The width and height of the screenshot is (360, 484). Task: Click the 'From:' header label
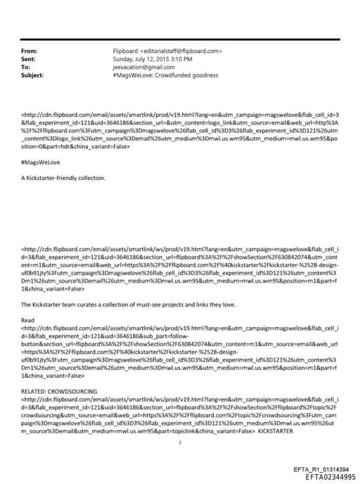pos(29,51)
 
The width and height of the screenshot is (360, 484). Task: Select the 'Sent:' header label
pos(29,59)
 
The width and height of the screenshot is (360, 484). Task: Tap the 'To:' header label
pos(26,67)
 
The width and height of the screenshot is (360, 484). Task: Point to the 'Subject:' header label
pos(32,75)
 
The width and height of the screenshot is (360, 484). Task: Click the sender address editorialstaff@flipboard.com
pos(181,51)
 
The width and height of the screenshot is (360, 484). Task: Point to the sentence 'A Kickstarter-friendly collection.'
pos(63,177)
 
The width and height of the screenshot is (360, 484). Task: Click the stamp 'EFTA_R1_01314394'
pos(321,469)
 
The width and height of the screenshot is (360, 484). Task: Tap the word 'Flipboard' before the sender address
pos(126,51)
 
